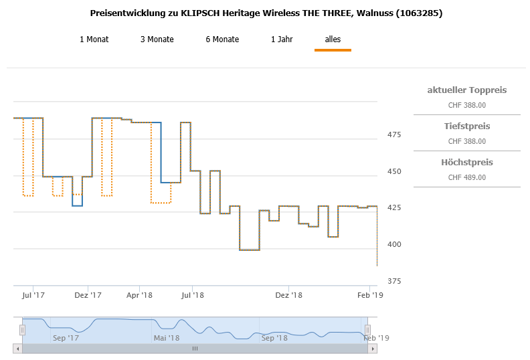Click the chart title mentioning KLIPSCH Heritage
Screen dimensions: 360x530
point(265,13)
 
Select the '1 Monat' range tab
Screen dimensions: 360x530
point(94,39)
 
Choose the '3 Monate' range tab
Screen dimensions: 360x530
point(157,39)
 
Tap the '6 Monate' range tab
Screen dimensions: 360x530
point(222,39)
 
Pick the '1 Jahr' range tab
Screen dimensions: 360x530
point(282,39)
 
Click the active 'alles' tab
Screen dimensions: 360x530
point(333,39)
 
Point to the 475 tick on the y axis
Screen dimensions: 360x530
point(393,135)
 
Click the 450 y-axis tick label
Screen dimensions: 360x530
point(393,172)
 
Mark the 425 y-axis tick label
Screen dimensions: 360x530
point(393,208)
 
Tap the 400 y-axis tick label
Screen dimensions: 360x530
point(393,244)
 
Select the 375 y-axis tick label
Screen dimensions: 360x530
point(393,281)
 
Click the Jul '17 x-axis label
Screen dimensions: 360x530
point(33,294)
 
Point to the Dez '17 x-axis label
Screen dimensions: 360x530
point(88,294)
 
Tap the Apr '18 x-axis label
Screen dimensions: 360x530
point(139,294)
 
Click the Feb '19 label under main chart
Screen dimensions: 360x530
point(369,294)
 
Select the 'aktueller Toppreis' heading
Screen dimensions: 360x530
point(466,90)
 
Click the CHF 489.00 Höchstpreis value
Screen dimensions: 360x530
point(466,177)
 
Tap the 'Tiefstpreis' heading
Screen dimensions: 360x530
point(466,126)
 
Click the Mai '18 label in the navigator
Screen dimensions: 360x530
point(167,338)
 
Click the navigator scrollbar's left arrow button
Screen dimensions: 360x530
point(17,349)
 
